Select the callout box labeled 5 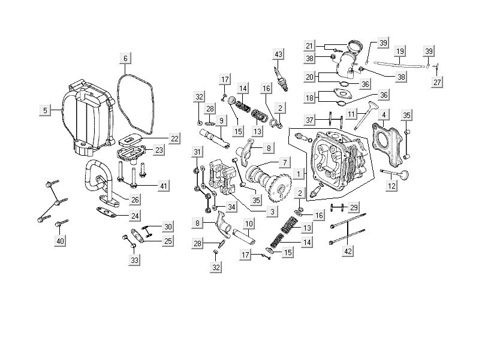pos(44,110)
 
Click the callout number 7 pos(284,162)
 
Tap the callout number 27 pos(437,82)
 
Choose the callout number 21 pos(310,46)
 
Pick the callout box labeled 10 pos(249,223)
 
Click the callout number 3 pos(273,211)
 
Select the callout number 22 pos(174,138)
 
